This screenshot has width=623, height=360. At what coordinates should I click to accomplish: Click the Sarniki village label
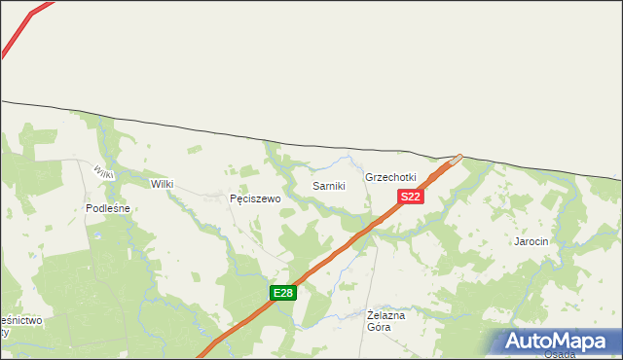[328, 186]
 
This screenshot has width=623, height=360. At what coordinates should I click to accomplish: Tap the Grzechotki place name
[390, 178]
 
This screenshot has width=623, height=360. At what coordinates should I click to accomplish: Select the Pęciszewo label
[255, 198]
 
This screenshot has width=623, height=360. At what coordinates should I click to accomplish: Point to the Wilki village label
[162, 183]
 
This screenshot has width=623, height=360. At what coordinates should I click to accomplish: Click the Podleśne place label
[108, 208]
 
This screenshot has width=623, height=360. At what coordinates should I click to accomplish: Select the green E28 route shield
[282, 293]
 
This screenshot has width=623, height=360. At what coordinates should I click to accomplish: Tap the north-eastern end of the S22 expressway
[457, 158]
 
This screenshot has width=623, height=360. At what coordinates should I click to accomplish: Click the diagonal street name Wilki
[104, 172]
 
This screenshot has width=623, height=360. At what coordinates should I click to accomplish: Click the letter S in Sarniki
[314, 186]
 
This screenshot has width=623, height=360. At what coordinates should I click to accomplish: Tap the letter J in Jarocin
[517, 240]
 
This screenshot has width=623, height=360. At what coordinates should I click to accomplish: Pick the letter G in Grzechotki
[369, 178]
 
